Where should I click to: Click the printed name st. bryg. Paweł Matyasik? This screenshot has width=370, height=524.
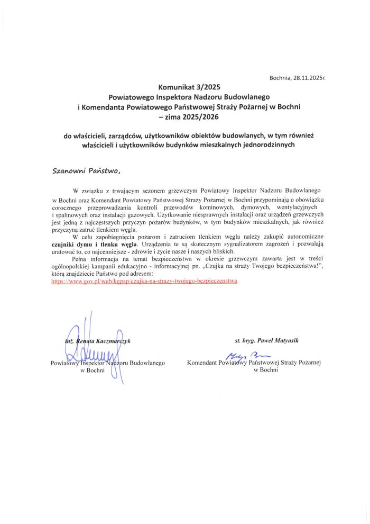click(266, 341)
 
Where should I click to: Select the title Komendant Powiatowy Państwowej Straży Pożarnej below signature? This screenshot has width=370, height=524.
click(254, 363)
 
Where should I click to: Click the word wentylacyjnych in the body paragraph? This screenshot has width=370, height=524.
click(297, 207)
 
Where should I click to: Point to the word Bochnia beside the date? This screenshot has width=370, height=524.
click(280, 78)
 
